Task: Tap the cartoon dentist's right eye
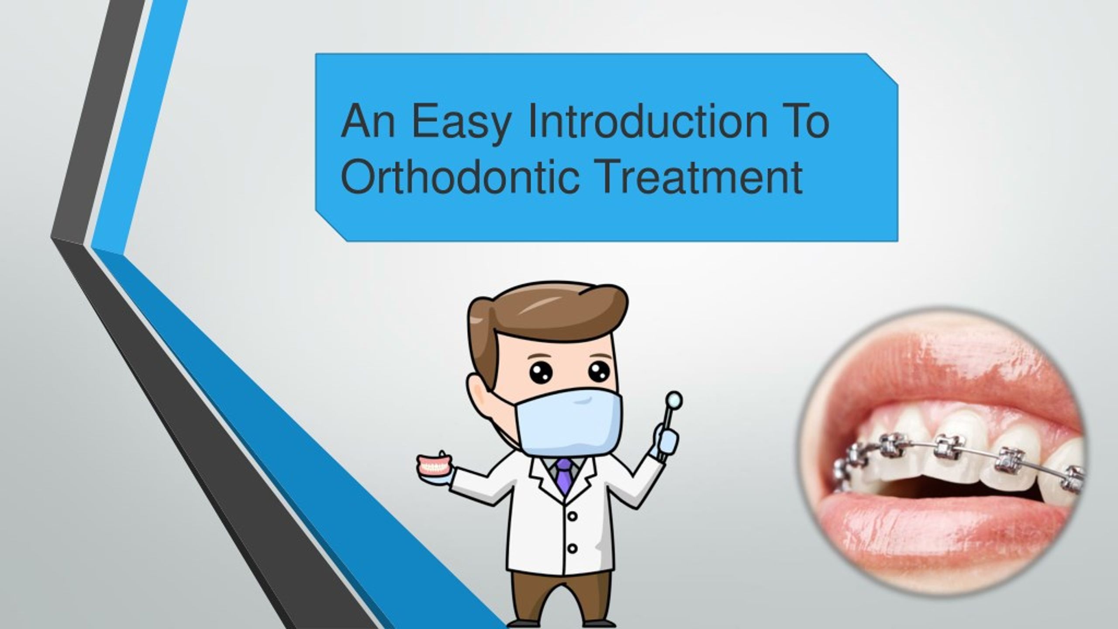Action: tap(599, 371)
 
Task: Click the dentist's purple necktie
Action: tap(564, 476)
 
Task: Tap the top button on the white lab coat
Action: tap(573, 516)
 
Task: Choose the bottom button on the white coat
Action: tap(572, 548)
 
